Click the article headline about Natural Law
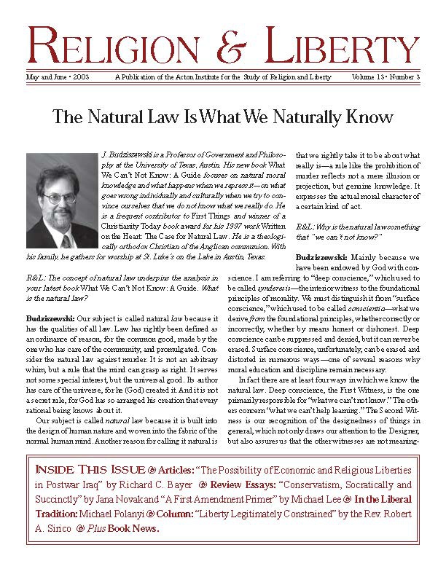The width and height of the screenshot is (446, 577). click(223, 117)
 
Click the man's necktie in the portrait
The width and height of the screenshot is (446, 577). click(66, 240)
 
